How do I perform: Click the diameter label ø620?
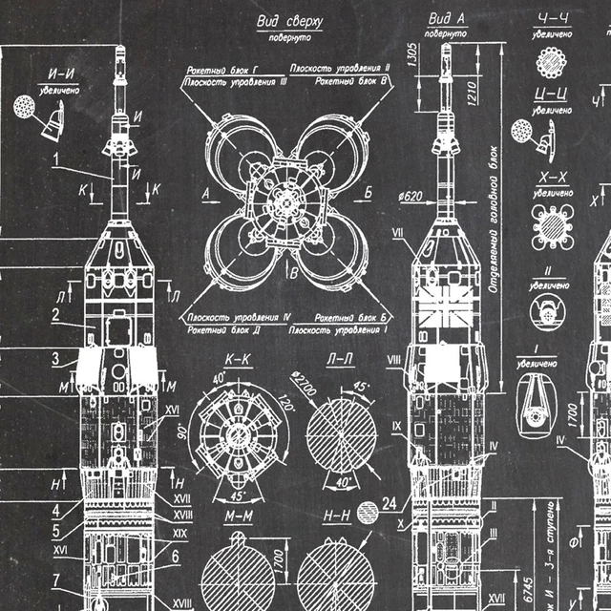tap(410, 198)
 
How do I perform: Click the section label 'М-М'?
tap(238, 516)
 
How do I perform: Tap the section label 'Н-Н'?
tap(337, 516)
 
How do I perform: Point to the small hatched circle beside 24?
tap(366, 509)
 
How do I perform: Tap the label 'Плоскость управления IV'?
tap(239, 316)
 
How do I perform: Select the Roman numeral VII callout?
tap(400, 232)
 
